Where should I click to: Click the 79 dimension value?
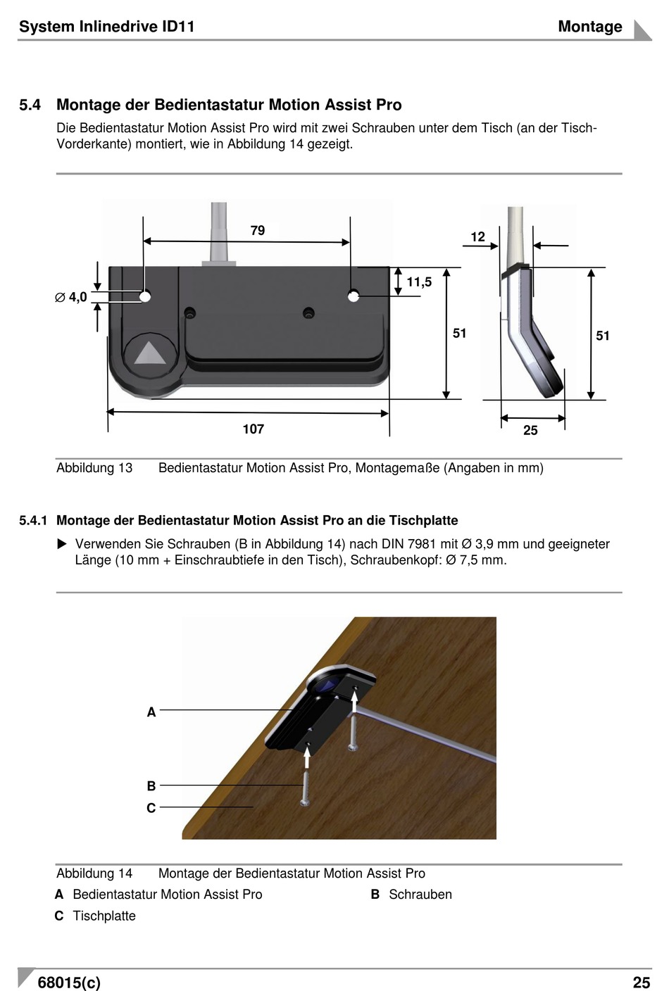(x=258, y=231)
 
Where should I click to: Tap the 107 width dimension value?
(x=254, y=429)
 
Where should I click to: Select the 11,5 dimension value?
(x=419, y=282)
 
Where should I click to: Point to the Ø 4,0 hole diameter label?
(x=71, y=298)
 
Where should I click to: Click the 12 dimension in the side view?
(x=478, y=237)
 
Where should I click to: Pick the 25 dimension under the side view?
(x=530, y=431)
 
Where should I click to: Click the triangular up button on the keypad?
(x=150, y=353)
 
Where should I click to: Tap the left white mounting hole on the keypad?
(x=145, y=296)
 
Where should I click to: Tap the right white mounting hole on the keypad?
(x=354, y=296)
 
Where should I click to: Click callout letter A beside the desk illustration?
(x=151, y=712)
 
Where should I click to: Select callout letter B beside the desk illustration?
(x=151, y=786)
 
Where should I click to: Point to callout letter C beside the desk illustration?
(x=151, y=808)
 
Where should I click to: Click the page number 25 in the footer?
(x=641, y=983)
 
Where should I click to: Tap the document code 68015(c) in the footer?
(x=69, y=983)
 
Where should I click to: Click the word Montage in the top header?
(x=589, y=27)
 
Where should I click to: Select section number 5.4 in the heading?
(x=30, y=105)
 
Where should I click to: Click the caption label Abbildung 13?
(x=94, y=468)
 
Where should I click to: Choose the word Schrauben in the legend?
(x=420, y=895)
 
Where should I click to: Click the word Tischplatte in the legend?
(x=104, y=916)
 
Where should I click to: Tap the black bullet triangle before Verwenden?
(x=62, y=544)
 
